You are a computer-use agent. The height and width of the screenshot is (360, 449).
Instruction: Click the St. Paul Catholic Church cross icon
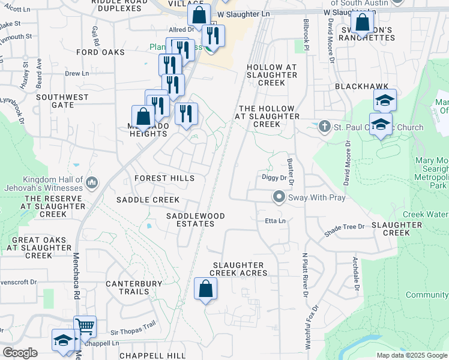(x=325, y=127)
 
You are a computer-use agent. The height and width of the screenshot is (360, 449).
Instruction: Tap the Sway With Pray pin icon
(x=279, y=196)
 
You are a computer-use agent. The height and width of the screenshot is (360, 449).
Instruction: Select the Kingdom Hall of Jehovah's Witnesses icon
(x=92, y=182)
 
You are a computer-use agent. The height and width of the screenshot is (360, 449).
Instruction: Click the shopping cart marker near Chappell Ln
(x=85, y=327)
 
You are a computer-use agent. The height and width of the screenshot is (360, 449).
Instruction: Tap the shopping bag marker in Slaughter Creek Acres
(x=205, y=289)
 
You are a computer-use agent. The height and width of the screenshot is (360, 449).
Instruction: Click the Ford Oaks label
(x=101, y=52)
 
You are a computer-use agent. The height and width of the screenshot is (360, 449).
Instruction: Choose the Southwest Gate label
(x=63, y=101)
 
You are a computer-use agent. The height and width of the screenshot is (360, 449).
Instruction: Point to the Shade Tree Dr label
(x=344, y=227)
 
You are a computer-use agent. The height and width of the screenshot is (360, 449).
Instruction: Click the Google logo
(x=19, y=353)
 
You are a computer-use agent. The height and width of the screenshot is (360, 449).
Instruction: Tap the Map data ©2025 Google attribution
(x=411, y=355)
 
